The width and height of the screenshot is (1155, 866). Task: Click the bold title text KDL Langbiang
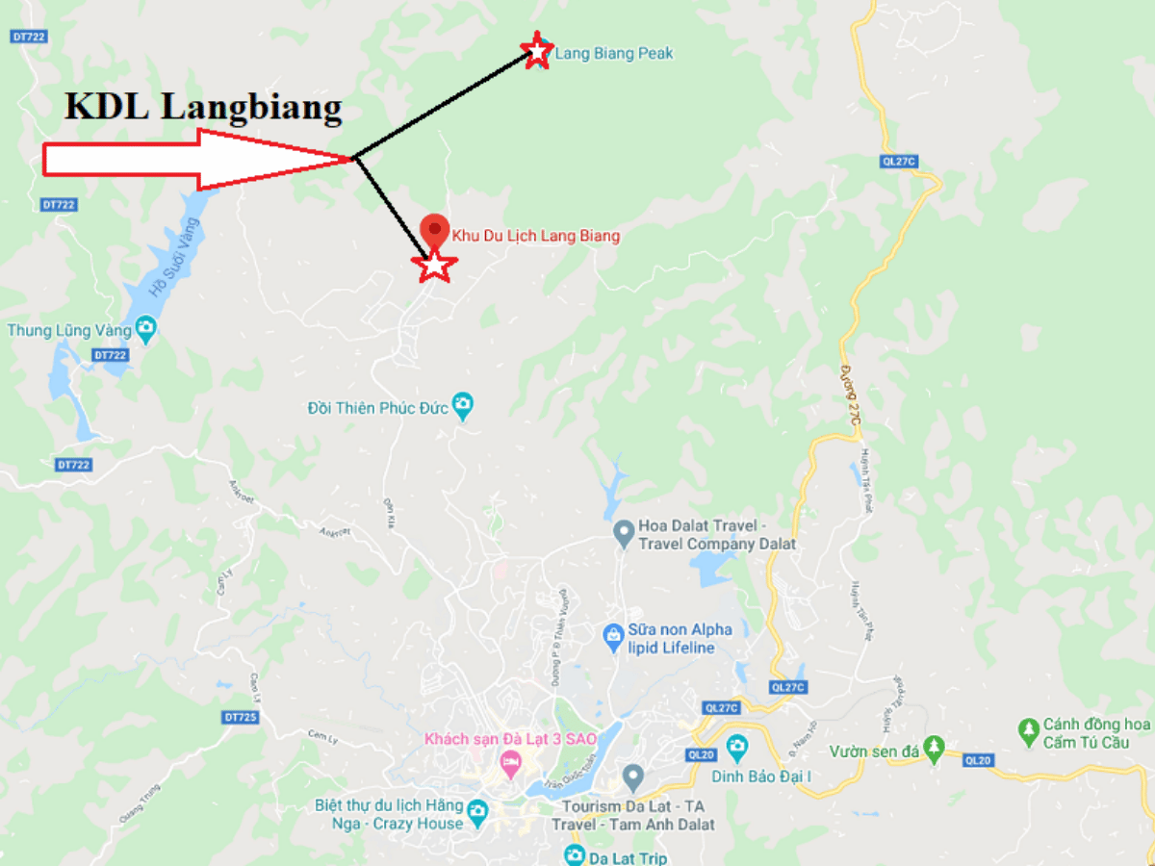coord(203,107)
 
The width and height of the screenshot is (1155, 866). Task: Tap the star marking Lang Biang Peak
coord(536,50)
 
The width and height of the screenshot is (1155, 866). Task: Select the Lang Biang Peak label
coord(614,54)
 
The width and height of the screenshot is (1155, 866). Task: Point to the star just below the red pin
coord(434,265)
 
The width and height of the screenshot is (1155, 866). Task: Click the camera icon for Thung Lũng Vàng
coord(146,330)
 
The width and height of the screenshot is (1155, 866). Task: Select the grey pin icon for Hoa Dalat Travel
coord(624,531)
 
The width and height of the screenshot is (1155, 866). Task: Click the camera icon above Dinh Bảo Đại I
coord(736,746)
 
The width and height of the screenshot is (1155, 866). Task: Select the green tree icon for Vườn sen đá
coord(933,748)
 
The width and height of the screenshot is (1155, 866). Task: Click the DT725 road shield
coord(240,717)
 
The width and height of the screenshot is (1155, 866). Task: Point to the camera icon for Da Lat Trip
coord(575,855)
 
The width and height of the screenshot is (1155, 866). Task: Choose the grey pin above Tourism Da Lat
coord(632,776)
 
